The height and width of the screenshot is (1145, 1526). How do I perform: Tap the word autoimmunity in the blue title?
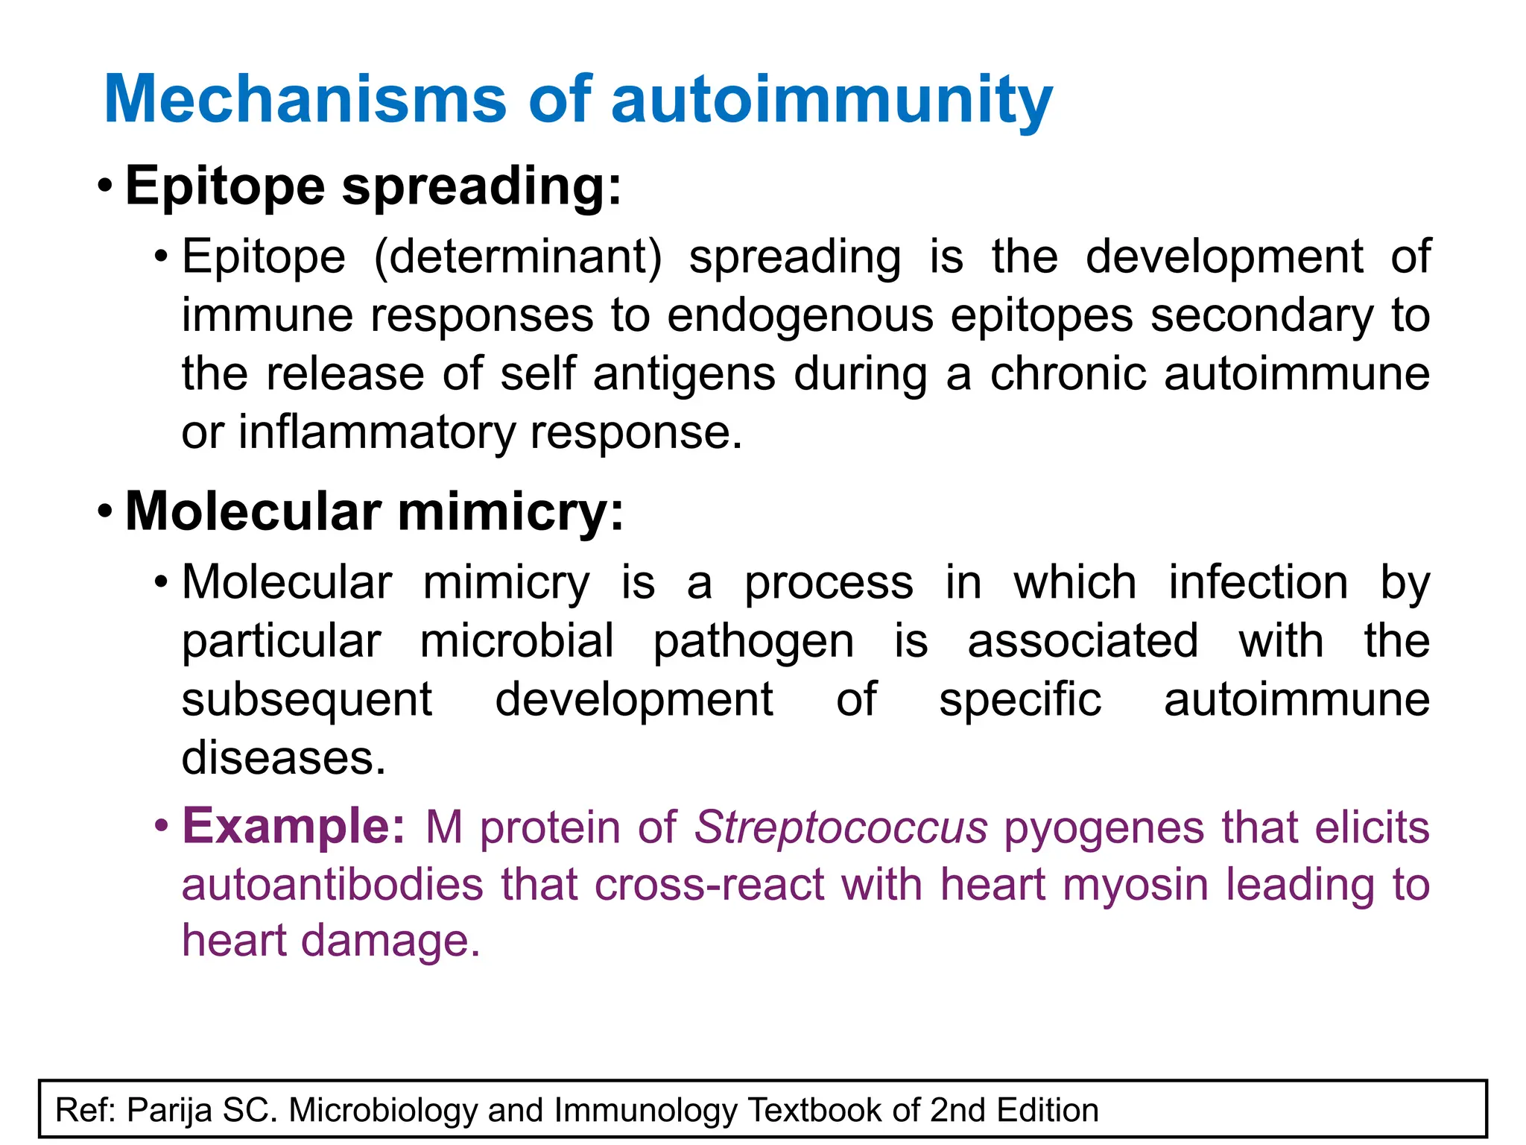tap(832, 101)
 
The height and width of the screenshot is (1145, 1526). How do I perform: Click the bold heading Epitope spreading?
tap(373, 186)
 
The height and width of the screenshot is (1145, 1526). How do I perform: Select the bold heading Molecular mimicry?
tap(375, 512)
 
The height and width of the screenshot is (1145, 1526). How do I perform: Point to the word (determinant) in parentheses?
tap(518, 257)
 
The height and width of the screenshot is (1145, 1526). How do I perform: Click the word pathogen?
tap(753, 641)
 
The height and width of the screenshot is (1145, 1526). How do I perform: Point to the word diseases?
tap(284, 758)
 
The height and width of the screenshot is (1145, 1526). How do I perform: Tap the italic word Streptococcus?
tap(841, 827)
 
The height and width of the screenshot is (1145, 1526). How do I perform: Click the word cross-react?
tap(709, 885)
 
